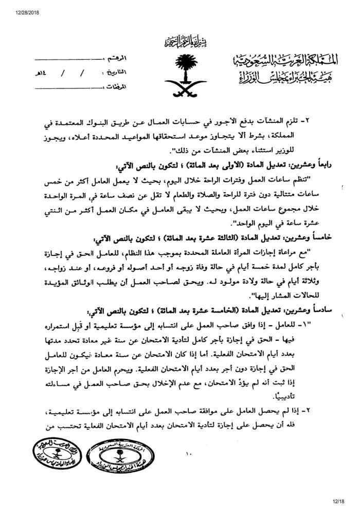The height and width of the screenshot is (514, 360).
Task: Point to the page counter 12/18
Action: point(346,508)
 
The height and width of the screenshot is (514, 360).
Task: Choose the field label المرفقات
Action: point(130,86)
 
